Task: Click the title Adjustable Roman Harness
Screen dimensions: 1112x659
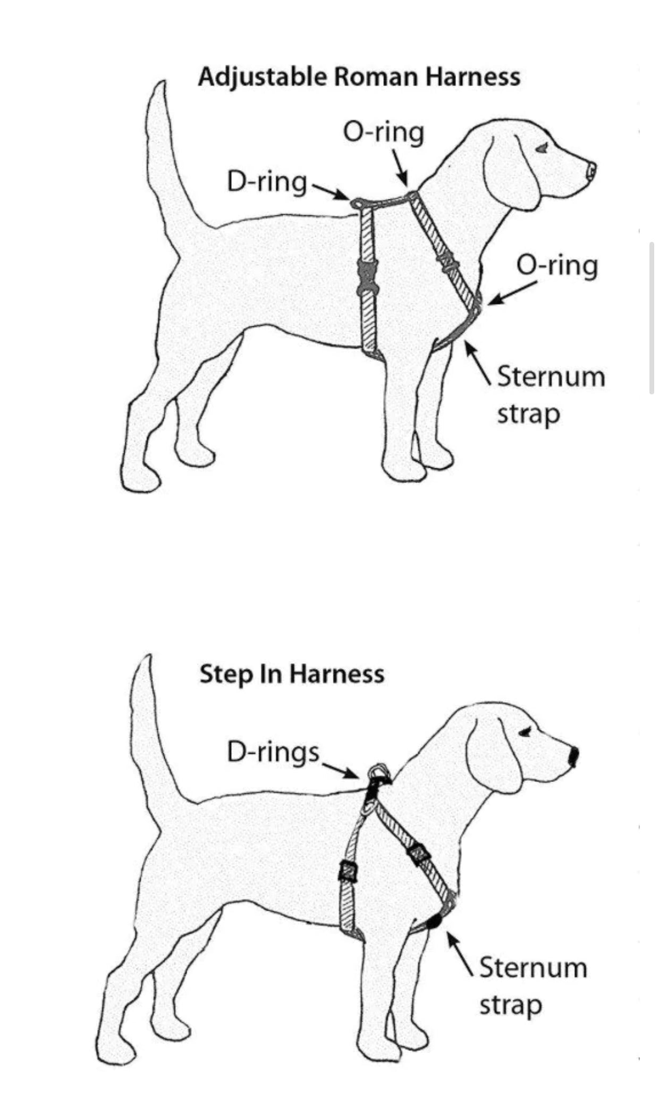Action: (359, 78)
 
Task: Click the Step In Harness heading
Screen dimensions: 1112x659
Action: (292, 675)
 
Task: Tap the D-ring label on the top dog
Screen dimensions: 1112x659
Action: (267, 182)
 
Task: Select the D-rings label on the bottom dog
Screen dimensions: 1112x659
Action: (273, 752)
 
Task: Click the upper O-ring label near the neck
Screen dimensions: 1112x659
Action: (383, 132)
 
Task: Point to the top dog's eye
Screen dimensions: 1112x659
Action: (542, 148)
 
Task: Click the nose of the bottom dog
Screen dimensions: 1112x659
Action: (574, 756)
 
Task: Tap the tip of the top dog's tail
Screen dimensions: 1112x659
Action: (162, 85)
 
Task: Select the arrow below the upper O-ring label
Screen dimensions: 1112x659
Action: (400, 167)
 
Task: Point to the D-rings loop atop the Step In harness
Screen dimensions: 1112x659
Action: (378, 771)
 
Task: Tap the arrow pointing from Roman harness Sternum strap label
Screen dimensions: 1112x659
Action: (477, 362)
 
